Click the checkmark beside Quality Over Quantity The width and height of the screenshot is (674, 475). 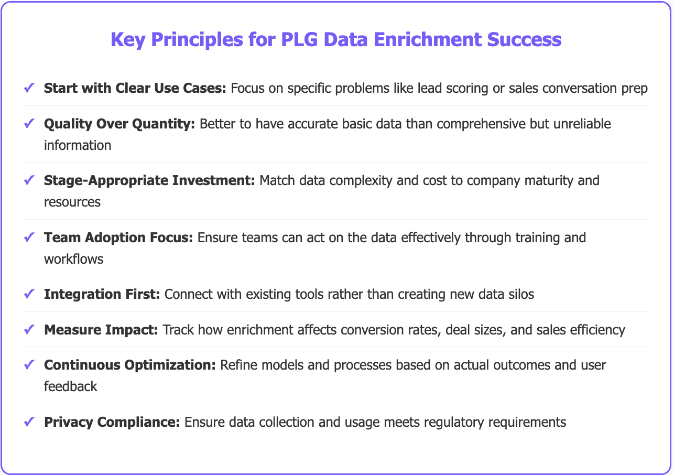(x=29, y=124)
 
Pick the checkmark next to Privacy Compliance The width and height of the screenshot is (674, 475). (x=29, y=422)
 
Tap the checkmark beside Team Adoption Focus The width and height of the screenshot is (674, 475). (x=29, y=237)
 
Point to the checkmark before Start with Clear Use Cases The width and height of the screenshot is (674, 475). (x=29, y=88)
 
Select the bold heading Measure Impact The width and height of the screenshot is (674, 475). (x=101, y=330)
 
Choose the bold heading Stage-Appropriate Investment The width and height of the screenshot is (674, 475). (x=149, y=180)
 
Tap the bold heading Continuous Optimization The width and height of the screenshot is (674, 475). (x=129, y=365)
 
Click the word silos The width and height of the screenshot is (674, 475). (x=521, y=294)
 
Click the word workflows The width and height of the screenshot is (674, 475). (x=73, y=258)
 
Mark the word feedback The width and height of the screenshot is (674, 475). (x=71, y=386)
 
